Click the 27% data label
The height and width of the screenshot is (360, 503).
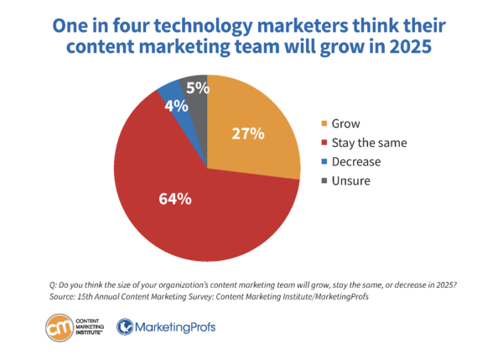tap(248, 133)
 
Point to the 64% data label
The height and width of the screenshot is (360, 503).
tap(174, 199)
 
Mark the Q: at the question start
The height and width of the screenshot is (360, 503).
tap(54, 284)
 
